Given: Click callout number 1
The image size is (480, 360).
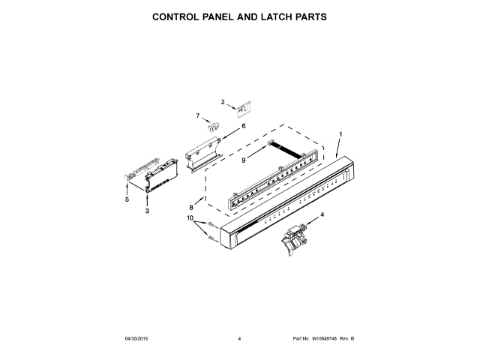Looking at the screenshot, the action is coord(340,134).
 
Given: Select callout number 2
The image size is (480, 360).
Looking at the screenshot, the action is coord(223,101).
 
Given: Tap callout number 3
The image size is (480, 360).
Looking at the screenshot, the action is coord(147,212).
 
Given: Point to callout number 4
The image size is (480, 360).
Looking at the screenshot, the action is coord(322,215).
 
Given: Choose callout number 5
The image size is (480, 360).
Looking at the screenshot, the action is coord(127,199).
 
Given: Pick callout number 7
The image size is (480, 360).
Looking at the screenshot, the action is coord(198,115).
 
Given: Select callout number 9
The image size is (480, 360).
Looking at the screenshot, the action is coord(244,159).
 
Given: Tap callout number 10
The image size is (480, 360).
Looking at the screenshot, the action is coord(190,218).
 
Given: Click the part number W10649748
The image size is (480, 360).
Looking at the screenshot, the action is coord(323,340).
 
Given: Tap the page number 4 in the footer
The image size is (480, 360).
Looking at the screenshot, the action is coord(238,340).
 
